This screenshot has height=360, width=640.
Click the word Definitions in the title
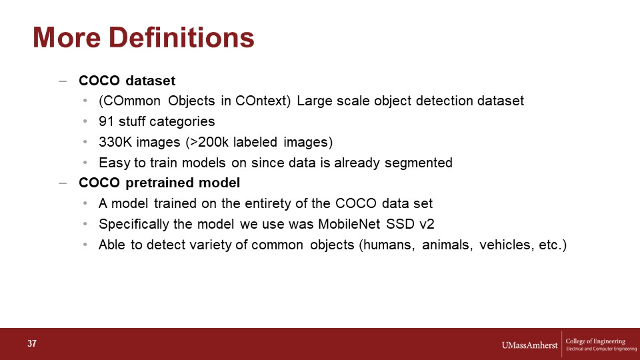[x=181, y=37]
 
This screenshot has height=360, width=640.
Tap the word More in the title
[x=67, y=37]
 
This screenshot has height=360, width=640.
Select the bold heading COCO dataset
[x=127, y=81]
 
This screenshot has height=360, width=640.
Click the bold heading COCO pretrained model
[x=159, y=183]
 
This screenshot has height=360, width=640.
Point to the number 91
[x=106, y=121]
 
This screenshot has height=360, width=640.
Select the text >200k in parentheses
[x=209, y=142]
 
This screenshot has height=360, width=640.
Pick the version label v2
[x=427, y=225]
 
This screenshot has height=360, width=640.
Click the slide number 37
[x=32, y=344]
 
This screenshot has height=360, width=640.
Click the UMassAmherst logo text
[x=529, y=345]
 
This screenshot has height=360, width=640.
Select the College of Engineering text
[x=595, y=341]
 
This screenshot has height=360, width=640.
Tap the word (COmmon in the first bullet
[x=129, y=101]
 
